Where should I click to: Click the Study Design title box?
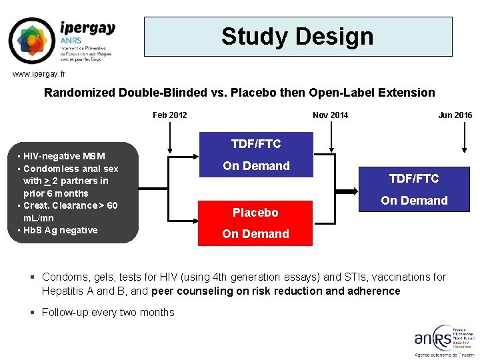(x=298, y=36)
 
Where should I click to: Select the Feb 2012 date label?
(x=170, y=115)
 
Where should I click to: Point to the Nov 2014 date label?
(x=330, y=115)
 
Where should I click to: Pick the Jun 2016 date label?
(x=455, y=115)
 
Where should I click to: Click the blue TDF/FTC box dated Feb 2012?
(x=256, y=155)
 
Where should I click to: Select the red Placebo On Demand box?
(x=256, y=223)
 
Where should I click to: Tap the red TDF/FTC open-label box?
(x=414, y=189)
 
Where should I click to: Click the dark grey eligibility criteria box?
(x=71, y=193)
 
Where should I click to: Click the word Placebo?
(x=255, y=213)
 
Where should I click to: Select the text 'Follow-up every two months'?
(x=108, y=312)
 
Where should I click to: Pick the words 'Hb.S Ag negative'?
(x=60, y=230)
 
